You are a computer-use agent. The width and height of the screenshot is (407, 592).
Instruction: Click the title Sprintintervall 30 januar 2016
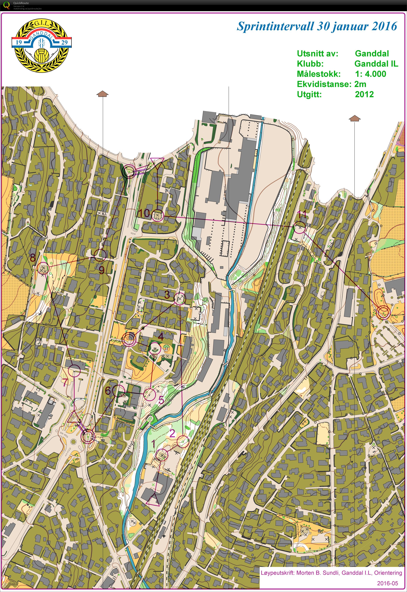coord(317,26)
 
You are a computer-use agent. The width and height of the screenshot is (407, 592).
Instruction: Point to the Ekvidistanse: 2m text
coord(331,84)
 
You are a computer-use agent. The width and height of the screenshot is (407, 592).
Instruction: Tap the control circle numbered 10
coord(157,216)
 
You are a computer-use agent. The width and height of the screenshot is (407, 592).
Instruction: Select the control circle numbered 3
coord(180,299)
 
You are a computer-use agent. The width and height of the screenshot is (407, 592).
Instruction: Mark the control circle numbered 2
coord(183,441)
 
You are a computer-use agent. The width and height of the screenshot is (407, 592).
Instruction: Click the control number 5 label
coord(161,400)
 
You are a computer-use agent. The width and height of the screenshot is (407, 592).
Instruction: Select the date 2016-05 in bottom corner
coord(387,583)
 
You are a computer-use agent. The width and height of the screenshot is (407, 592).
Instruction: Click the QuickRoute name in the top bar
coord(21,3)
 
